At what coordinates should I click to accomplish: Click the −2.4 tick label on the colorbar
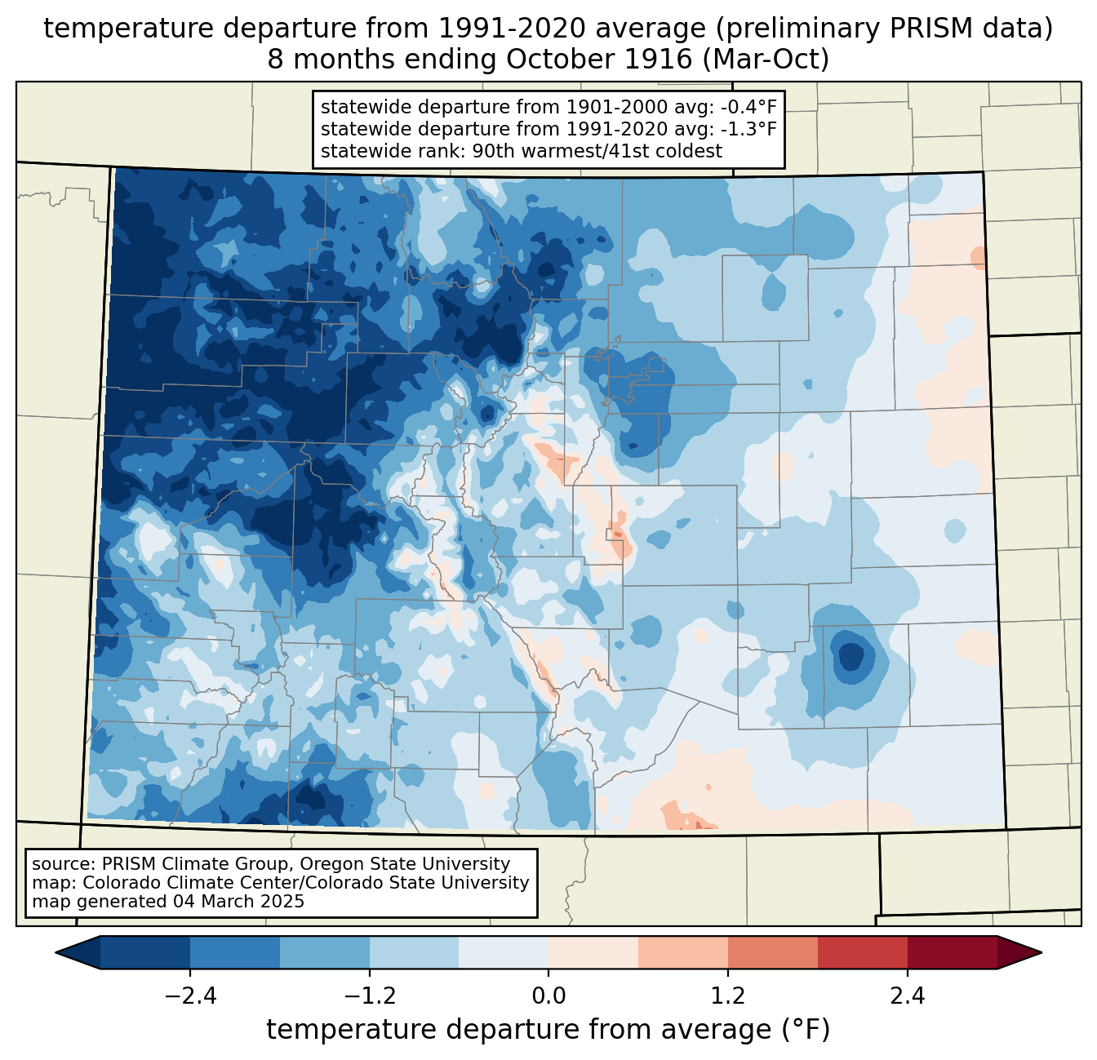[x=190, y=996]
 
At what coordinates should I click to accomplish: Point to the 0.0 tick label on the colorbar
[x=548, y=996]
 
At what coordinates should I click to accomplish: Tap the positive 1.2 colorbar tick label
[x=728, y=996]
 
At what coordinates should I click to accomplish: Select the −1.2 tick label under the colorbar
[x=369, y=996]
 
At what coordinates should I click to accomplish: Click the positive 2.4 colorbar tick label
[x=907, y=996]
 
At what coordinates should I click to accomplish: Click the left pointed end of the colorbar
[x=56, y=953]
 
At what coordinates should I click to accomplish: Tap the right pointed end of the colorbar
[x=1041, y=953]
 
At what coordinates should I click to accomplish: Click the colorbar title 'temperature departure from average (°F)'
[x=548, y=1030]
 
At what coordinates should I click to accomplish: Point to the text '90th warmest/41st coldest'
[x=597, y=151]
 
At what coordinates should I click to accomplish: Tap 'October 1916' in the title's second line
[x=598, y=59]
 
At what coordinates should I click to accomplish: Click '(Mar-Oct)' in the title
[x=766, y=60]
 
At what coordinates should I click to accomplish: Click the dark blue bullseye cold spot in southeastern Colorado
[x=851, y=657]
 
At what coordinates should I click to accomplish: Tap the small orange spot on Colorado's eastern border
[x=978, y=258]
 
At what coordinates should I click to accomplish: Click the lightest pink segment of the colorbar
[x=593, y=953]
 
